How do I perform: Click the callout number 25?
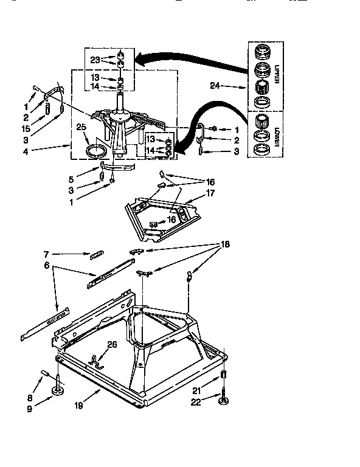pyautogui.click(x=81, y=127)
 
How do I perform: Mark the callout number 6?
pyautogui.click(x=46, y=265)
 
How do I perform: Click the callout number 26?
pyautogui.click(x=111, y=345)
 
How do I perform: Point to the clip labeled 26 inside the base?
pyautogui.click(x=96, y=359)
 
